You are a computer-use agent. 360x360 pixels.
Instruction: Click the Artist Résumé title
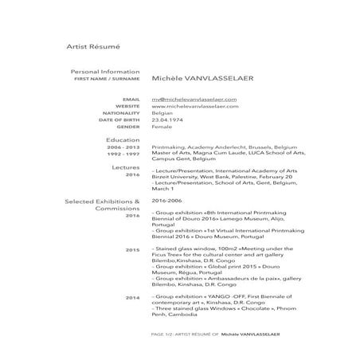click(x=92, y=49)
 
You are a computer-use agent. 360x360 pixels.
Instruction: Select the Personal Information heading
click(x=105, y=72)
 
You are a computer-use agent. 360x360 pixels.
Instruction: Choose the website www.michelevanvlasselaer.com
click(x=194, y=106)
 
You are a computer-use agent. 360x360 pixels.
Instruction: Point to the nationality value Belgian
click(x=162, y=113)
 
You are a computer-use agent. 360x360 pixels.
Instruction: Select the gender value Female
click(x=162, y=127)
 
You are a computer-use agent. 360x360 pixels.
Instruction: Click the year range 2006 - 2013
click(x=124, y=148)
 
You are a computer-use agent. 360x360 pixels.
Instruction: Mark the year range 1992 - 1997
click(x=124, y=155)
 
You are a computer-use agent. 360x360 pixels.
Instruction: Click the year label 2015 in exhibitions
click(x=133, y=250)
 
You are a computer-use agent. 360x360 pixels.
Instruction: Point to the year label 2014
click(x=133, y=297)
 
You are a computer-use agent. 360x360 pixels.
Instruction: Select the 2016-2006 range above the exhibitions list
click(x=167, y=201)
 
